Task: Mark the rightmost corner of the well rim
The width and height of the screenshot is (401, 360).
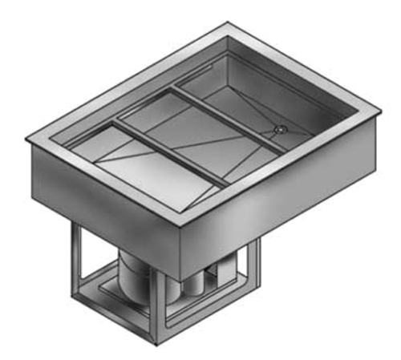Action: pyautogui.click(x=375, y=107)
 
